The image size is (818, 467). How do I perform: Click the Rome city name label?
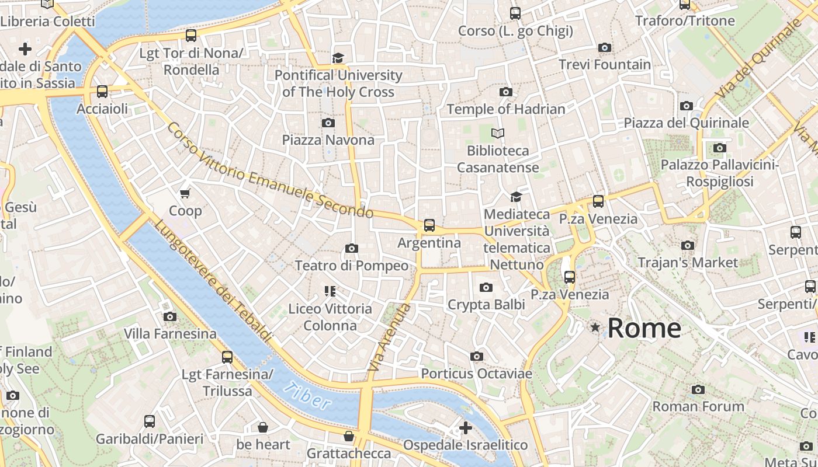pos(644,328)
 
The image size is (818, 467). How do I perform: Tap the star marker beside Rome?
pos(595,327)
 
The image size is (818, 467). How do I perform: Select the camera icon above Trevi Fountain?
pos(605,47)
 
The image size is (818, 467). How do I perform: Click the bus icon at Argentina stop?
pos(429,225)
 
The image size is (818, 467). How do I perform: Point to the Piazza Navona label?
pos(328,140)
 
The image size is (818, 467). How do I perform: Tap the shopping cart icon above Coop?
pos(185,193)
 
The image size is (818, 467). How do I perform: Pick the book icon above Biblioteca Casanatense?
pos(497,134)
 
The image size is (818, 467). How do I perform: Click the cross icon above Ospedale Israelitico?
pos(465,428)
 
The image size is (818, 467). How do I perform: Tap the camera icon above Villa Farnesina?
pos(170,316)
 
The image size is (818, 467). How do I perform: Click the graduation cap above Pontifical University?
pos(338,58)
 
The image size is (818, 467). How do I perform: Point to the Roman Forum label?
pos(698,406)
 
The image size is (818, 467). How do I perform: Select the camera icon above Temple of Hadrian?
pos(506,92)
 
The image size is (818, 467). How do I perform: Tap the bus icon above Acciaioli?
pos(102,92)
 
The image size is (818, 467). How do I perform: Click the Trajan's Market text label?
pos(688,263)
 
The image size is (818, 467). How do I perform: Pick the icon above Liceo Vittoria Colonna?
pos(330,291)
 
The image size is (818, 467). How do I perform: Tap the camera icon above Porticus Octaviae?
pos(477,356)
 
